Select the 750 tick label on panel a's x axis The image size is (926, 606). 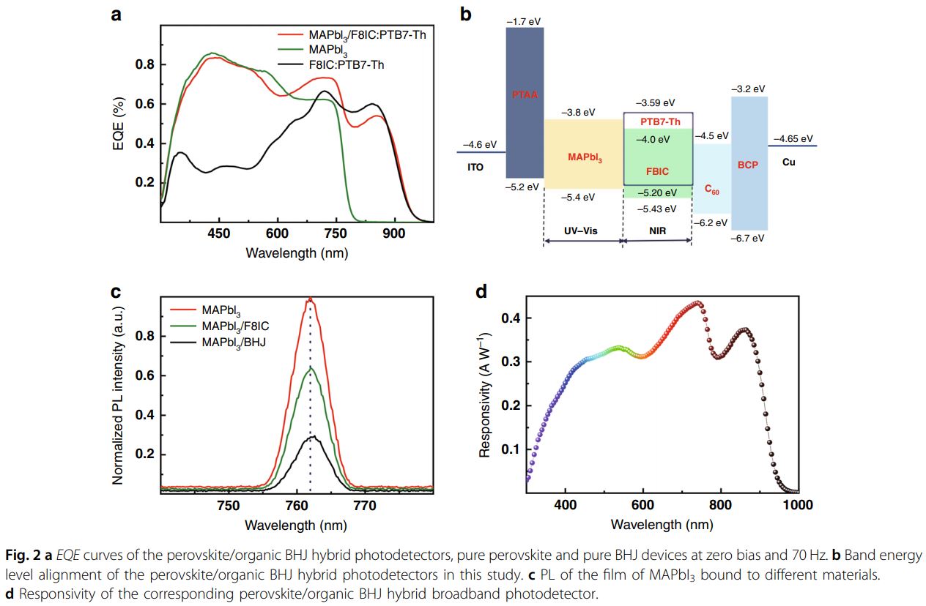click(x=336, y=233)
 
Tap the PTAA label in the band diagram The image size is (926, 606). click(x=525, y=94)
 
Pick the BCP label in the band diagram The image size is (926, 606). click(x=749, y=165)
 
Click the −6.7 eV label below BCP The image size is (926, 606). click(x=749, y=238)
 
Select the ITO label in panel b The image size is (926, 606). click(x=475, y=167)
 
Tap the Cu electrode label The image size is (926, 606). click(x=788, y=162)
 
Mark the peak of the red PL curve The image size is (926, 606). click(x=310, y=299)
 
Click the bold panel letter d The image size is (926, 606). click(x=481, y=292)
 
